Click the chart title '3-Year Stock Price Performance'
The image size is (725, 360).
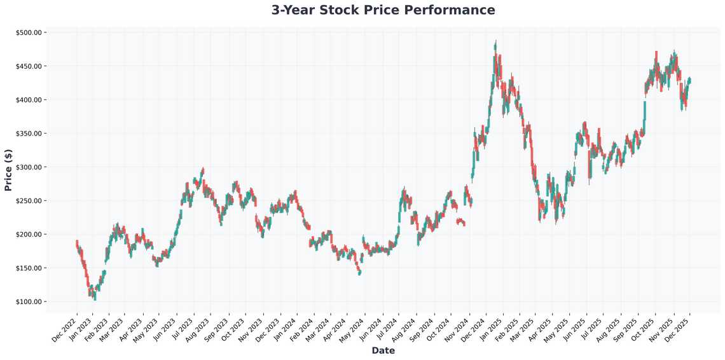[383, 10]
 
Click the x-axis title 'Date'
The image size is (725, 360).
[383, 350]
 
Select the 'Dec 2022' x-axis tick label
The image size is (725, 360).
[65, 326]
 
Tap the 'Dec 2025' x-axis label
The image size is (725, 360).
[679, 326]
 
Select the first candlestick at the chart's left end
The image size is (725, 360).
[77, 244]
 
